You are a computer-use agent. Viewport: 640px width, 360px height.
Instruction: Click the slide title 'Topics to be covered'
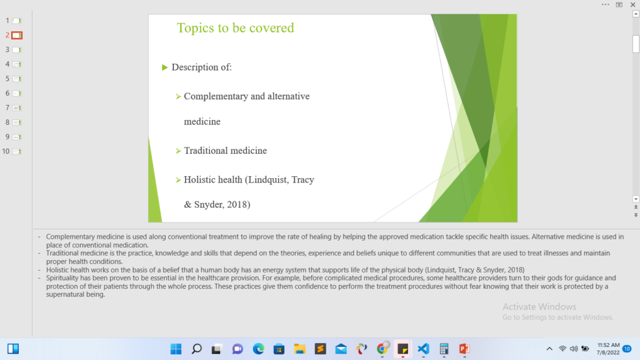click(235, 27)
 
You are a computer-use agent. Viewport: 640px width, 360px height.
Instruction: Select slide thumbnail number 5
click(17, 79)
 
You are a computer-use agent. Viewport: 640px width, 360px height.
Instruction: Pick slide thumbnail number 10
click(17, 151)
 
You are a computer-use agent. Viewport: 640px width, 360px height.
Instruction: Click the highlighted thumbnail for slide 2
click(17, 35)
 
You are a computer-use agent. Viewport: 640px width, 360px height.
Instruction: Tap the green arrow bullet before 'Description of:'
click(165, 67)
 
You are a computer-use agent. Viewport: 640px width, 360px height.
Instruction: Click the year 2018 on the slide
click(237, 204)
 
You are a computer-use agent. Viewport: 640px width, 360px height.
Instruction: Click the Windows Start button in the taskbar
click(176, 349)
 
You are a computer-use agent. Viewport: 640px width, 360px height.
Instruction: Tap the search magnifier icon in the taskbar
click(197, 349)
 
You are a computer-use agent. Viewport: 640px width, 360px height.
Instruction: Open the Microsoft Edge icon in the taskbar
click(258, 349)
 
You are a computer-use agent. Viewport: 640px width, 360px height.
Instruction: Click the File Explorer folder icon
click(299, 349)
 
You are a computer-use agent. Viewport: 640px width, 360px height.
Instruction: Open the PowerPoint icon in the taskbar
click(464, 349)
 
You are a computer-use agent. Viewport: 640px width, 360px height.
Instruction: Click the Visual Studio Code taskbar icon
click(423, 349)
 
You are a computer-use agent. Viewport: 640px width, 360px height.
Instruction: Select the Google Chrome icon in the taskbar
click(382, 349)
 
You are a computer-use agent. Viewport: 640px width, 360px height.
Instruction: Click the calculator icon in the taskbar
click(444, 349)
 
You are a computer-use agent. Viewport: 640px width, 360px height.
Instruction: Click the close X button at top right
click(633, 5)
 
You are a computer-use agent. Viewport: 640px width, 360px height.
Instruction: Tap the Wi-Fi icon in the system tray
click(562, 349)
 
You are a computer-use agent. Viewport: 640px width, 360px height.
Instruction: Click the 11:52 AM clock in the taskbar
click(608, 345)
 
